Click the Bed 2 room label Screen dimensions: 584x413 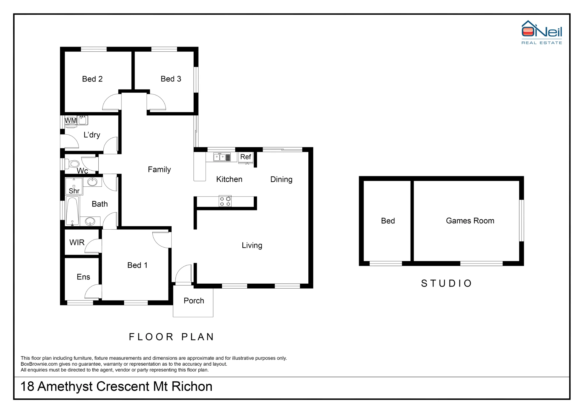92,79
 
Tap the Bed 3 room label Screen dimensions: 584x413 171,79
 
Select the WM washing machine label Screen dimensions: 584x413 70,120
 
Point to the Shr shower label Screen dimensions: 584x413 74,191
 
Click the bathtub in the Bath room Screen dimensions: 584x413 72,211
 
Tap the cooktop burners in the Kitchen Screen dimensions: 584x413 225,201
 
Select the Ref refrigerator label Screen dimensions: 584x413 246,157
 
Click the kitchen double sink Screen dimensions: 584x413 222,157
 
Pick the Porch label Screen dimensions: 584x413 194,301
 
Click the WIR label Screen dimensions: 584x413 77,242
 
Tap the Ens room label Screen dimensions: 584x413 83,277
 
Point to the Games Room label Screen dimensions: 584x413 470,221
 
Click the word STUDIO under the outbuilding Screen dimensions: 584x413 446,283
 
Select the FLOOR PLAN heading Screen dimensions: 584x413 172,337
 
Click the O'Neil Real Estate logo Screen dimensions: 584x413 542,32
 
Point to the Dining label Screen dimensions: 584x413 281,179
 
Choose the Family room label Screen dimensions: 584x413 159,169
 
